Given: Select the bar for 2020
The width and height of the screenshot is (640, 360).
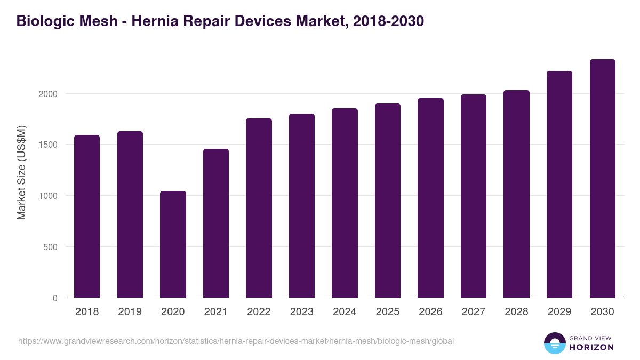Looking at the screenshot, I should click(x=173, y=244).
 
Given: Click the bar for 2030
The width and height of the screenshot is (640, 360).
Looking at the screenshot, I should click(x=602, y=179).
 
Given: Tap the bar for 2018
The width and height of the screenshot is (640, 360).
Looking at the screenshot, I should click(x=87, y=217).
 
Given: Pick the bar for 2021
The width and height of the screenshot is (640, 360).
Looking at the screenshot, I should click(x=216, y=223).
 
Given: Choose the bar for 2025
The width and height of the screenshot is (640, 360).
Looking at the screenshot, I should click(x=388, y=201).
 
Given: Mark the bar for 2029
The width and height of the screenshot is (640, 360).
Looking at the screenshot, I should click(x=559, y=185).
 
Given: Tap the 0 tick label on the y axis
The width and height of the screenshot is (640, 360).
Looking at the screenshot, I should click(x=54, y=298).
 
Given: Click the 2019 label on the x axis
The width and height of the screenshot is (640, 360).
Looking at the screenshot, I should click(x=130, y=312).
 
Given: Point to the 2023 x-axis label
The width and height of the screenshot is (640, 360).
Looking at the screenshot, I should click(x=302, y=312).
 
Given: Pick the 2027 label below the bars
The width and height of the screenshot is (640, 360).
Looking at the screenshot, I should click(x=474, y=312).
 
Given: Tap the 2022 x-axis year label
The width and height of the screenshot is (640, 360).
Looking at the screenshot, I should click(x=259, y=312).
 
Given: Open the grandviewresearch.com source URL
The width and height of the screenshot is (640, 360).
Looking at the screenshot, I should click(x=236, y=341).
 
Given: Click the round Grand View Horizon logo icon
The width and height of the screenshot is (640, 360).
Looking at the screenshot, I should click(x=555, y=343).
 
